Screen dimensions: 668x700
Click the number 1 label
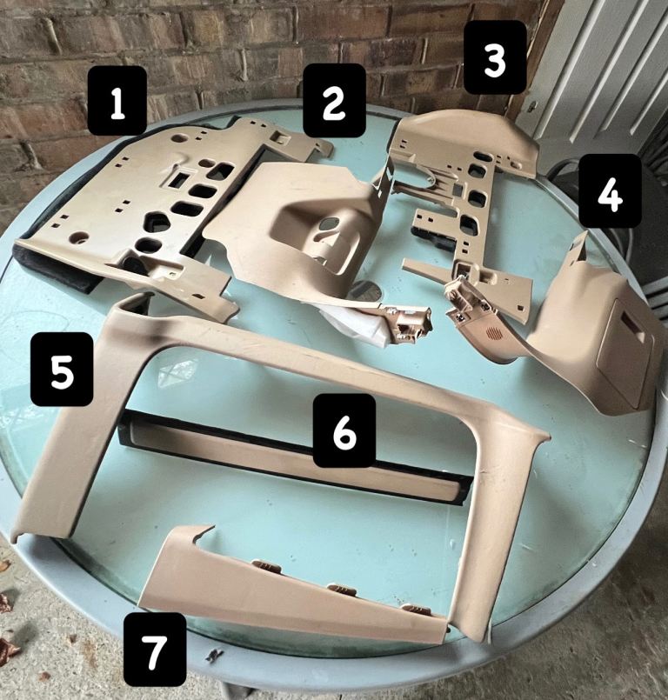[x=117, y=101]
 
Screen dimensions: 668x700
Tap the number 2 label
[x=334, y=100]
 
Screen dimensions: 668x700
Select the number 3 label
[x=495, y=57]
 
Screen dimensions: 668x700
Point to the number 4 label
[x=611, y=190]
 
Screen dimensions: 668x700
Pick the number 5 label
[x=62, y=370]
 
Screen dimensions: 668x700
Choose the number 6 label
[x=344, y=430]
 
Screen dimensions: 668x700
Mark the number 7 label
[x=155, y=650]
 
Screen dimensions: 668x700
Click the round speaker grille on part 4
[x=492, y=332]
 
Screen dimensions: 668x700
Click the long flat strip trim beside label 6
[x=295, y=457]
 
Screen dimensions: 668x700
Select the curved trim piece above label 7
[x=291, y=590]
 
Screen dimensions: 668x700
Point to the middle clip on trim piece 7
[x=341, y=590]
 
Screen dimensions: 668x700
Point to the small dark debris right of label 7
[x=214, y=655]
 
